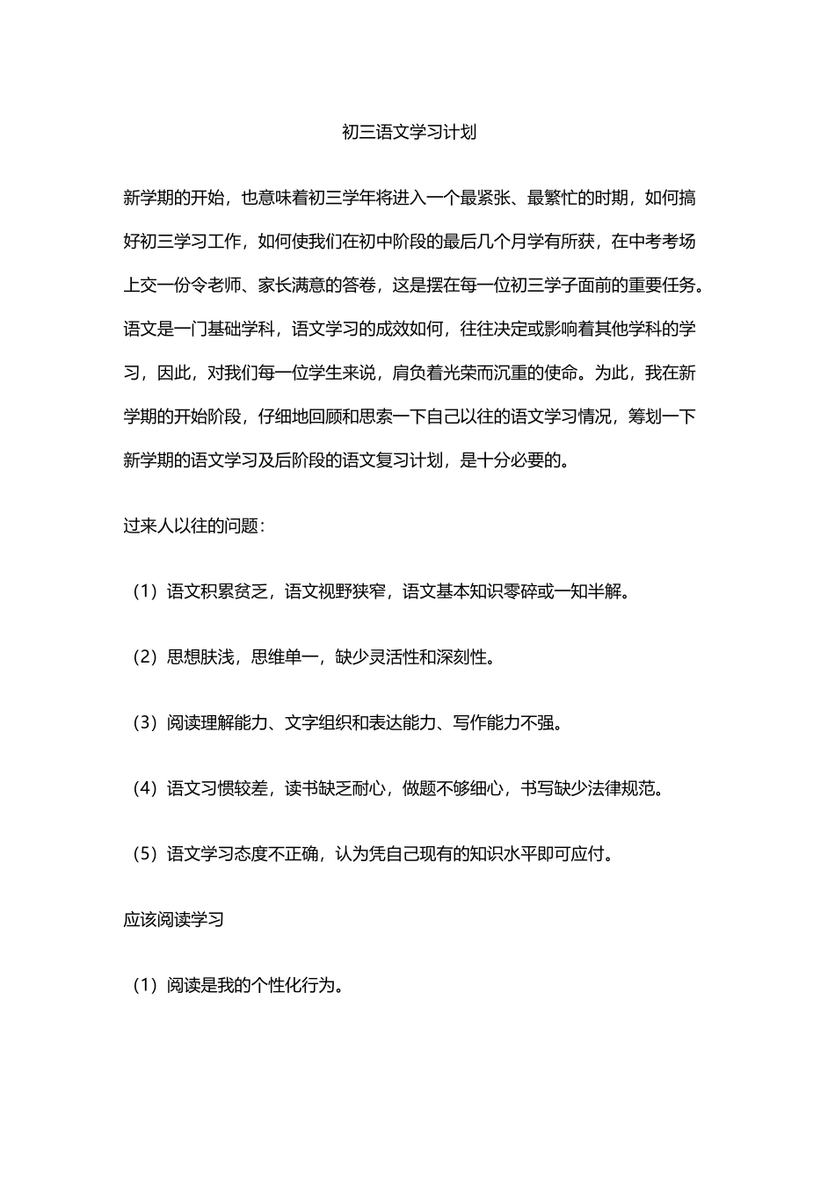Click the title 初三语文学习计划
click(409, 133)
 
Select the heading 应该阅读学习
click(174, 920)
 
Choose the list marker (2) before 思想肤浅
click(144, 657)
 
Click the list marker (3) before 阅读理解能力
click(144, 723)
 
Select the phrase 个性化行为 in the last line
click(292, 985)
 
